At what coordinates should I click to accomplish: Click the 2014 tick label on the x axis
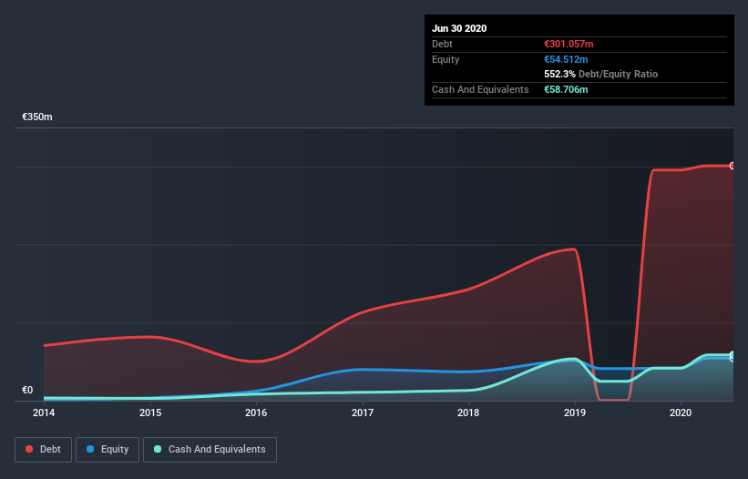click(44, 413)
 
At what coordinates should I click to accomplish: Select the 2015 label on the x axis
click(150, 413)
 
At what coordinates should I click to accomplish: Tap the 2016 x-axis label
click(256, 413)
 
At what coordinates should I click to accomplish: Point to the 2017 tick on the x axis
click(363, 413)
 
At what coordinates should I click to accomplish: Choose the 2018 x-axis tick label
click(468, 413)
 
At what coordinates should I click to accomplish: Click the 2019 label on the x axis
click(575, 413)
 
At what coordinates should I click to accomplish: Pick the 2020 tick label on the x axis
click(681, 413)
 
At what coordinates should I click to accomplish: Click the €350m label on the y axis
click(37, 117)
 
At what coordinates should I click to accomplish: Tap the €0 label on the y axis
click(27, 391)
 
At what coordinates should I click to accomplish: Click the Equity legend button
click(108, 449)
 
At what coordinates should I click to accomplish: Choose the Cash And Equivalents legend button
click(210, 449)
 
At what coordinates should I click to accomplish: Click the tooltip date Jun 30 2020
click(459, 28)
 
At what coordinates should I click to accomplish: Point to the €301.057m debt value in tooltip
click(569, 44)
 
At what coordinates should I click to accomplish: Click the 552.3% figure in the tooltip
click(558, 74)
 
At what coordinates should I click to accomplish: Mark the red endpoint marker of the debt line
click(732, 166)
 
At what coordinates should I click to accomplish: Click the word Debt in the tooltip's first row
click(443, 44)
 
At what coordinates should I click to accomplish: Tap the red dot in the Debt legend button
click(30, 449)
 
